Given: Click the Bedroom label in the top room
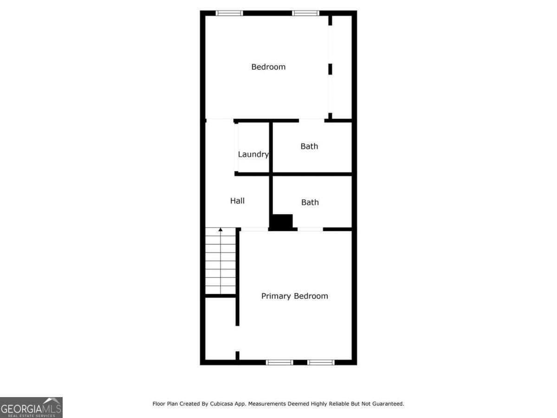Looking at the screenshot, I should pos(268,67).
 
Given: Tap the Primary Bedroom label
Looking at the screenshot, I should pos(294,296).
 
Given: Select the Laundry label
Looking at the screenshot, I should pos(253,154).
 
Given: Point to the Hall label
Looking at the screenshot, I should pos(237,201).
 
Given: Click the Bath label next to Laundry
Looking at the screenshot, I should pos(309,146).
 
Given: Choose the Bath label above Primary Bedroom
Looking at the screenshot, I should pos(310,202).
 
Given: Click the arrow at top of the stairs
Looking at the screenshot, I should pos(220,229).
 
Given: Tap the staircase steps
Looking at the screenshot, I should pos(220,262).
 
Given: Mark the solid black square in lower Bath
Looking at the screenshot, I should pos(282,222).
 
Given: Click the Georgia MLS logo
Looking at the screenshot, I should pos(31,407).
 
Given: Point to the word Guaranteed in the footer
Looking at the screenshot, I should pos(387,404).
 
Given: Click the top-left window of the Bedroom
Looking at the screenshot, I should pos(229,13).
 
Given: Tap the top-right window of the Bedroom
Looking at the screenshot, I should pos(305,13).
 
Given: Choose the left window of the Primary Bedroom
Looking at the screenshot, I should pos(279,362).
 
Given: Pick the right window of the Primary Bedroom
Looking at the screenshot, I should pos(321,362).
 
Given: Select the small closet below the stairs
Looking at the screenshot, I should pos(220,328).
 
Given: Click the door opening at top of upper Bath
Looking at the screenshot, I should pos(311,120).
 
